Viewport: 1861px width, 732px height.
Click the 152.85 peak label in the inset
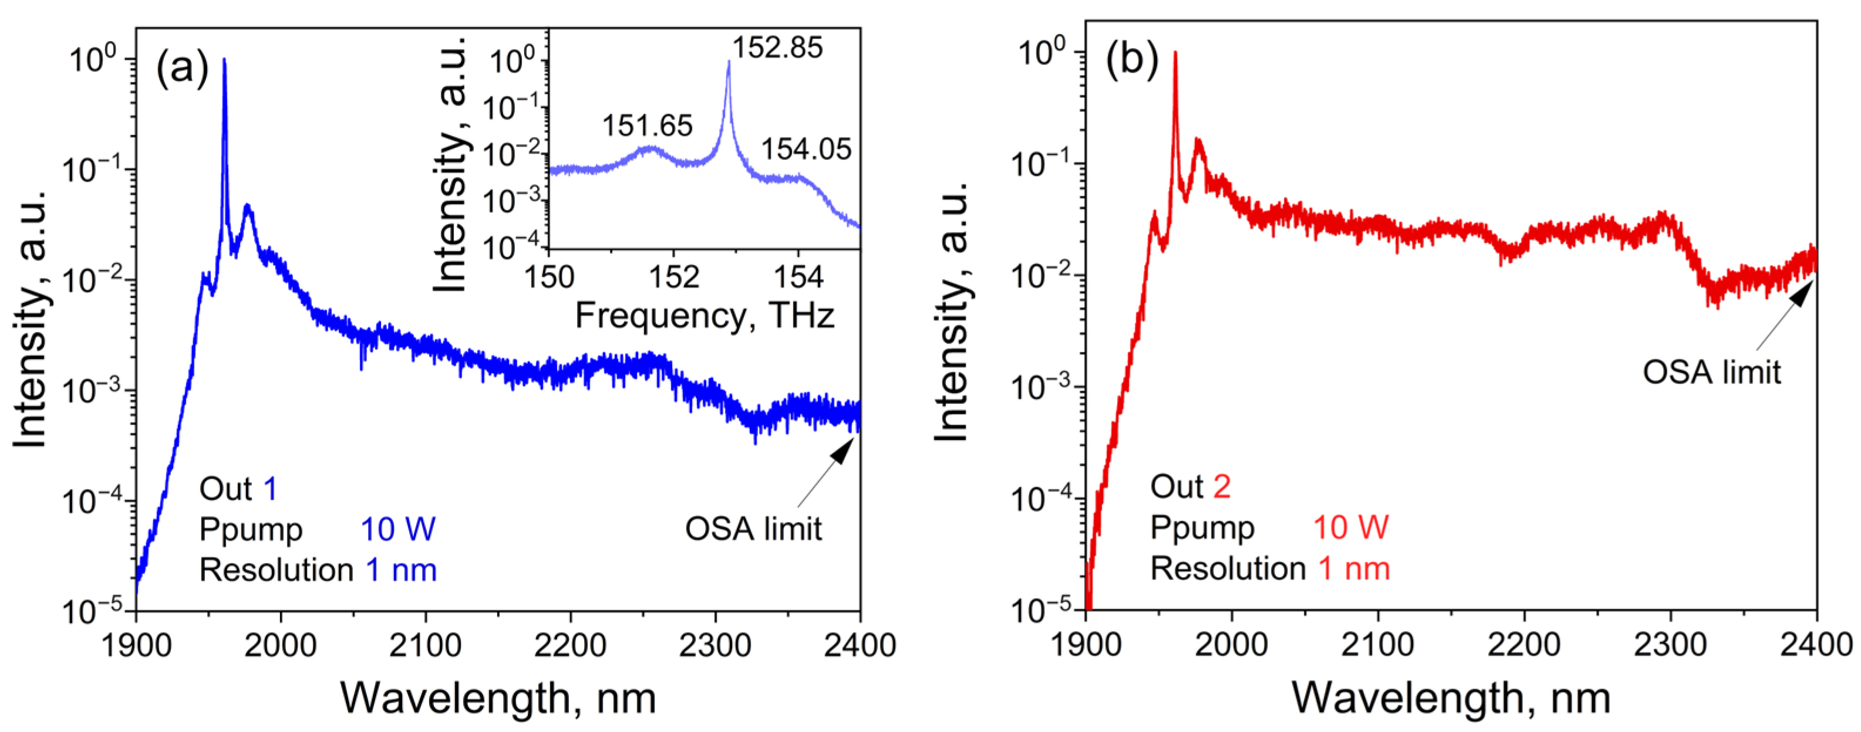[777, 48]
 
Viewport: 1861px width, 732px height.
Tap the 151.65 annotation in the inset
[648, 126]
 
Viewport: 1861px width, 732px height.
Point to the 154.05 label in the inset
[806, 150]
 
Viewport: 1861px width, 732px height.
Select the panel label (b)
[1132, 59]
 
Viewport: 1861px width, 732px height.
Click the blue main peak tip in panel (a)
[224, 60]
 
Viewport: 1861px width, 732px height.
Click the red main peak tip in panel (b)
[1175, 53]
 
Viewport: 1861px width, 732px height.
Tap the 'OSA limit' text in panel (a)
[753, 529]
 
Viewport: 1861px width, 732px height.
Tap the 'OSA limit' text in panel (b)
[1711, 372]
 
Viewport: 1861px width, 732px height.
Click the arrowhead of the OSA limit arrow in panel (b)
[1803, 292]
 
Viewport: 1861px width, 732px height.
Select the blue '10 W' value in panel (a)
[398, 529]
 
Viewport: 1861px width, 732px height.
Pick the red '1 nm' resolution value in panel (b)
[1354, 569]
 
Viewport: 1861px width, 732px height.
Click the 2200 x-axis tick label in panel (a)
[570, 645]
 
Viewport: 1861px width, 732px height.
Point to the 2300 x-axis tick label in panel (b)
[1670, 645]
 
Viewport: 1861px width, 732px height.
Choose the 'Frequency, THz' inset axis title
[704, 316]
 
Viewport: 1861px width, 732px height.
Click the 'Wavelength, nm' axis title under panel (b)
[1451, 698]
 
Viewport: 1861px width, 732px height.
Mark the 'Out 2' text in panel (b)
[1190, 487]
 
